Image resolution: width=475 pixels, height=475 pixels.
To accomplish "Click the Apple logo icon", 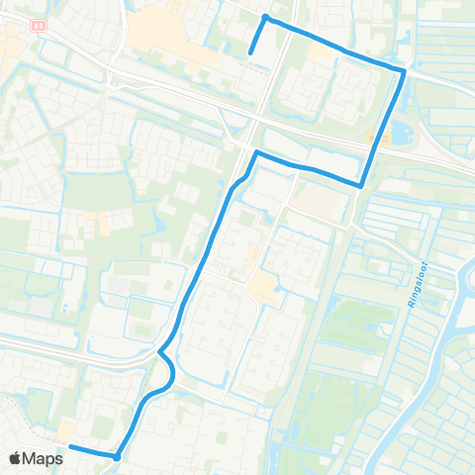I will (x=15, y=459).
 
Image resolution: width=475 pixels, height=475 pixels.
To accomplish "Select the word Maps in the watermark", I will (x=45, y=459).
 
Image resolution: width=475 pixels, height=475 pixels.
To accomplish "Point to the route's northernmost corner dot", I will (x=265, y=18).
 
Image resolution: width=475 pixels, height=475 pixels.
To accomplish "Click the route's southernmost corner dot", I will (x=117, y=457).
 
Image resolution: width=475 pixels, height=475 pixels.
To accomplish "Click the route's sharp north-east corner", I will (x=404, y=71).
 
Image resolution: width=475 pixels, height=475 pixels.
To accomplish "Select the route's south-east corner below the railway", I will (x=361, y=185).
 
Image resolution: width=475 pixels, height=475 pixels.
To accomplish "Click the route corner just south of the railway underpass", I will (x=257, y=153).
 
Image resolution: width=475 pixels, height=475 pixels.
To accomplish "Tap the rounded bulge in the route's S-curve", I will (x=172, y=371).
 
